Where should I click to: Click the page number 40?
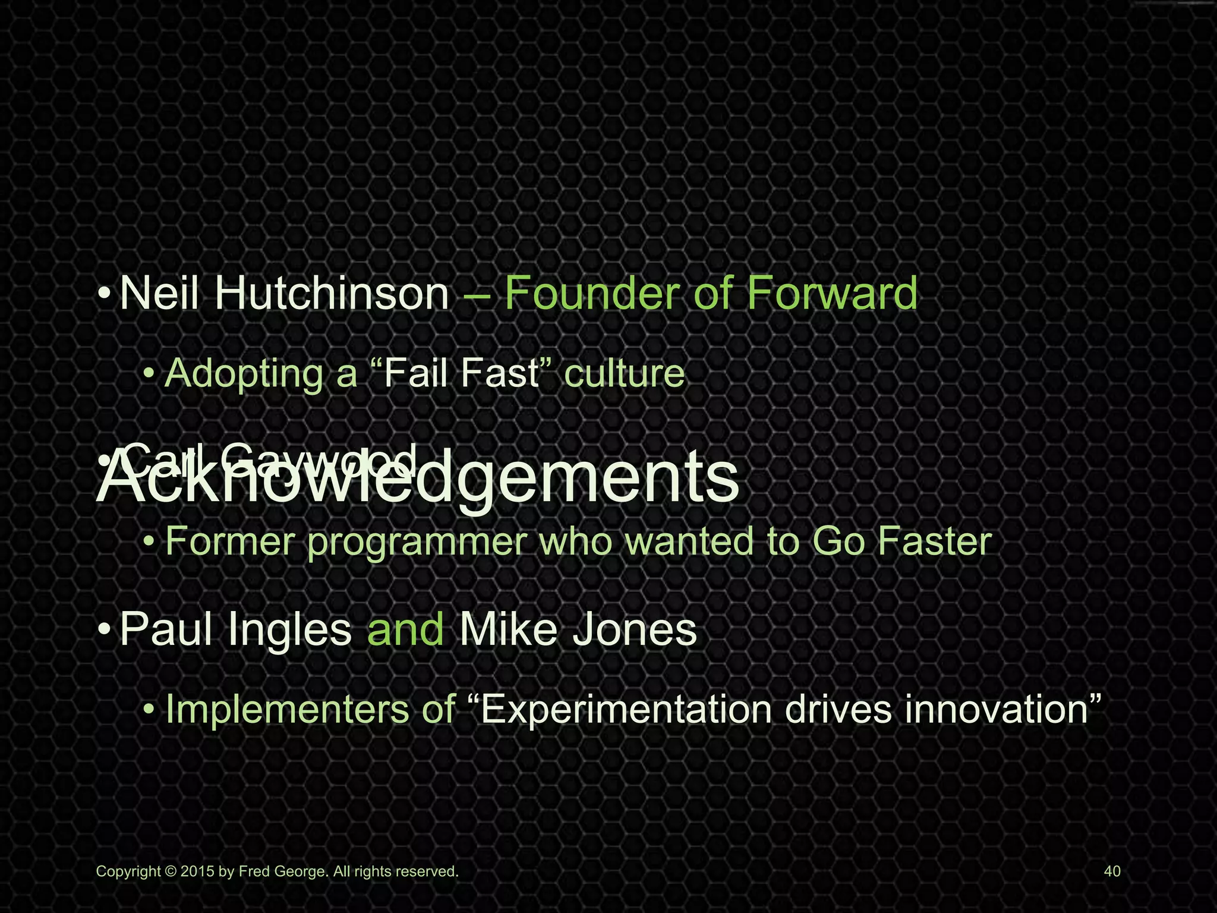(1112, 871)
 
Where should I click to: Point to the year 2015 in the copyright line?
(198, 871)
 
